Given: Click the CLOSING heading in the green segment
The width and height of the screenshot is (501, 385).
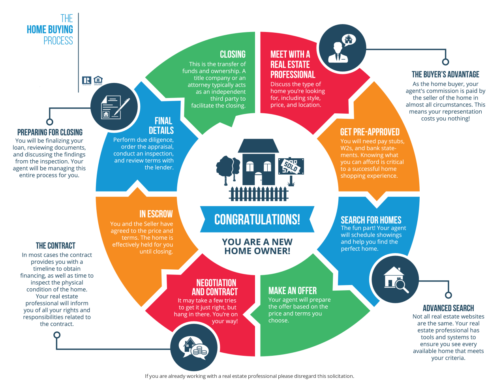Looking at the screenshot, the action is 233,54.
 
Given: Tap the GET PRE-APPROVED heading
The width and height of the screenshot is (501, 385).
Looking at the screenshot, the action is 370,132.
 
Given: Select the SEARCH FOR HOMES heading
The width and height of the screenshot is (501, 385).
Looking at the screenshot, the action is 371,220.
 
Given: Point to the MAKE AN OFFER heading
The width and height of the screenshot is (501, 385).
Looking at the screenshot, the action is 292,291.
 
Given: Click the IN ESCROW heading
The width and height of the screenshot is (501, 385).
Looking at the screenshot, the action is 156,214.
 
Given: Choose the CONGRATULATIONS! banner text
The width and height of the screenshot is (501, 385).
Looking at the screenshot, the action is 257,219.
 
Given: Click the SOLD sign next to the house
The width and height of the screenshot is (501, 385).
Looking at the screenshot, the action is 291,166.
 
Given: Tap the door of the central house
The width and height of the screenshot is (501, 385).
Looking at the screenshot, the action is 258,178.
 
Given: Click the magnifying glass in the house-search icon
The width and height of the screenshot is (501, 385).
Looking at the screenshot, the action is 402,286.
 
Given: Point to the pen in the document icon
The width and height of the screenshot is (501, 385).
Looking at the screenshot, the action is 122,107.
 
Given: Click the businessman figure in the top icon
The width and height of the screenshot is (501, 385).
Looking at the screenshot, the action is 338,53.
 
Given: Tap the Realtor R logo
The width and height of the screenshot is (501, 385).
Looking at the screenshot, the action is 86,80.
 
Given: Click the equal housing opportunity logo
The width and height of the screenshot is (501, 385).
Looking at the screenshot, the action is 98,80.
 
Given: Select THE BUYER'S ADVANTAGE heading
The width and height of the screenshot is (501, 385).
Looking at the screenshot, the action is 445,75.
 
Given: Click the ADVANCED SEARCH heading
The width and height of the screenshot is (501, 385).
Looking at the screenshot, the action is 448,308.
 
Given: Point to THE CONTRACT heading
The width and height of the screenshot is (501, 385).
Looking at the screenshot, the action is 56,246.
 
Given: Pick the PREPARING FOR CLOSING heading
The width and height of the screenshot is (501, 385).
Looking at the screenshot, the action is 50,132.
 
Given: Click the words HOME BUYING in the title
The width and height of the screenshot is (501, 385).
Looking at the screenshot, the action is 50,30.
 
